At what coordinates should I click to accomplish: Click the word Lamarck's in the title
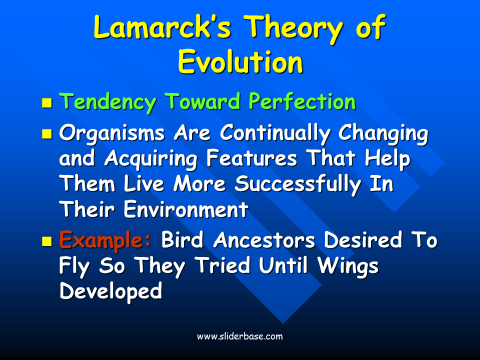(162, 26)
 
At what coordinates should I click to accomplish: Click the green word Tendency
(107, 102)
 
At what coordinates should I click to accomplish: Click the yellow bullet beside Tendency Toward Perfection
(47, 103)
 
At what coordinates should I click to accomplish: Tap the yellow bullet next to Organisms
(47, 134)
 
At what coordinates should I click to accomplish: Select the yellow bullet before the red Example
(47, 241)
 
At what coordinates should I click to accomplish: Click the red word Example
(105, 240)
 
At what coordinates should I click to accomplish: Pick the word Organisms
(112, 134)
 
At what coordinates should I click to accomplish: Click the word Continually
(275, 134)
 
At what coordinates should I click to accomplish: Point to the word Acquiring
(151, 159)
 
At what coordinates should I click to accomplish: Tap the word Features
(251, 158)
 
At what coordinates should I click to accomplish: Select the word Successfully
(298, 184)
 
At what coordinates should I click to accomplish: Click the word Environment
(186, 209)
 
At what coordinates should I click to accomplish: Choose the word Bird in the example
(182, 239)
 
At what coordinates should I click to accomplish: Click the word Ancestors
(264, 240)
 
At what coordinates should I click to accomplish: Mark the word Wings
(348, 266)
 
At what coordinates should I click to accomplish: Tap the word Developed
(111, 291)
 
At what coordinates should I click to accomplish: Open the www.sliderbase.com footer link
(240, 336)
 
